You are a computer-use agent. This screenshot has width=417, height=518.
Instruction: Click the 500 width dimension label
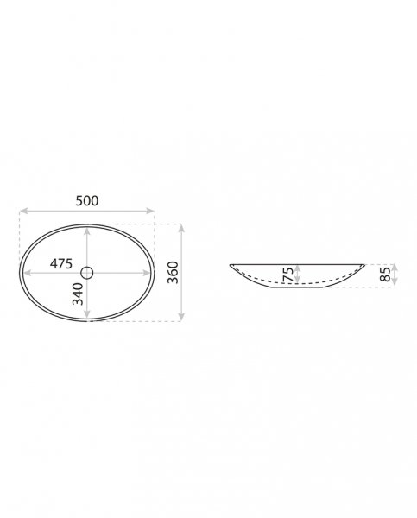click(x=87, y=200)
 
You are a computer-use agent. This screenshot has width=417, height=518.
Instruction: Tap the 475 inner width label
click(x=61, y=263)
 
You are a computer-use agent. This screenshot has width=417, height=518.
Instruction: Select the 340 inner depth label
click(x=78, y=294)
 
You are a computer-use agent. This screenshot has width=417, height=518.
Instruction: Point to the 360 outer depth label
click(x=173, y=272)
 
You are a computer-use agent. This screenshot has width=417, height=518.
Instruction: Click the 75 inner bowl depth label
click(x=288, y=275)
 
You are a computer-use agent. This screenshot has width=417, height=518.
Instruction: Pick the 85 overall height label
click(x=385, y=275)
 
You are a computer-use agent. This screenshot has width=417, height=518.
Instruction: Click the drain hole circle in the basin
click(x=87, y=273)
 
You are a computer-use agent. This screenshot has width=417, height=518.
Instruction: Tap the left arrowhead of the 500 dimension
click(x=23, y=211)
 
